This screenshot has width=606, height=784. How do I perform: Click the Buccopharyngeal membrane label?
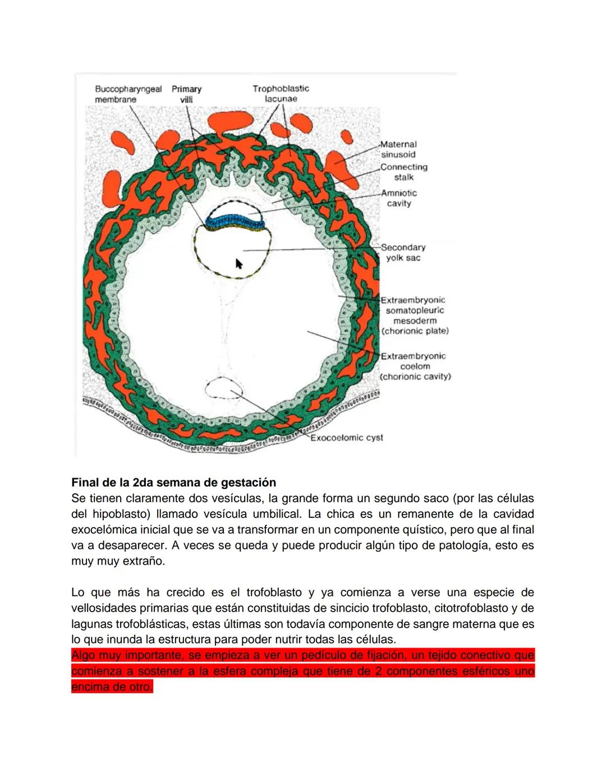click(x=128, y=94)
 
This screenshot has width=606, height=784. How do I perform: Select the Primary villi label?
click(x=186, y=94)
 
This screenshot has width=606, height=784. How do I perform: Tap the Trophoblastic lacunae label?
click(x=281, y=93)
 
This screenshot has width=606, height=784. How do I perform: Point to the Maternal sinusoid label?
click(x=398, y=149)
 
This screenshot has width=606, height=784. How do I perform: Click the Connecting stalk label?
click(x=403, y=172)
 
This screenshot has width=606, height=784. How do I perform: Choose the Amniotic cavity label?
click(x=399, y=198)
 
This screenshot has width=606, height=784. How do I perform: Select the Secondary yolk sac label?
click(x=403, y=253)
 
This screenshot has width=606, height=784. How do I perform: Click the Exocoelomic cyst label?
click(x=347, y=438)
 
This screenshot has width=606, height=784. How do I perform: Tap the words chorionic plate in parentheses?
click(x=415, y=331)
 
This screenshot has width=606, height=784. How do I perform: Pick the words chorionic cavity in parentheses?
click(x=416, y=377)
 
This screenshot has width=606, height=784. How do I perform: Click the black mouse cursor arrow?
click(x=239, y=264)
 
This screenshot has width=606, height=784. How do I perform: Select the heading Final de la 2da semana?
click(x=174, y=483)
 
